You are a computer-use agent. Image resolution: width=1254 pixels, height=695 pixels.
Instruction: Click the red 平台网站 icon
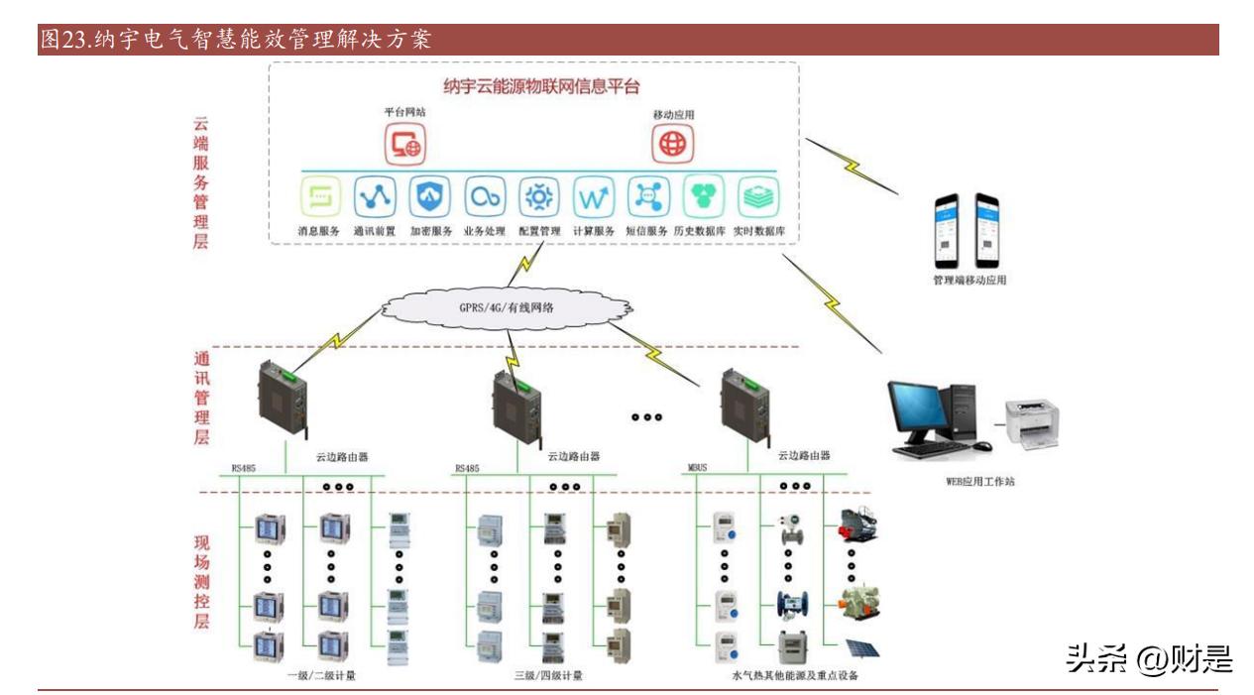click(x=405, y=145)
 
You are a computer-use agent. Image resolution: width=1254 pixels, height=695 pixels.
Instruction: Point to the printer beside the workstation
click(x=1033, y=425)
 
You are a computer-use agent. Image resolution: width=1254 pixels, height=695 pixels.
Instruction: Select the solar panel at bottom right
click(x=861, y=647)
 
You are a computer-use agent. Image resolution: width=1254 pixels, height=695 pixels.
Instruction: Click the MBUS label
click(x=697, y=467)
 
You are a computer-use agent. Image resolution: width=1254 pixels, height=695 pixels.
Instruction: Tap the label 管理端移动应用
click(x=963, y=281)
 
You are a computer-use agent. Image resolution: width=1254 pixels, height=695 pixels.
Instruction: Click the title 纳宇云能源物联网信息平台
click(x=541, y=85)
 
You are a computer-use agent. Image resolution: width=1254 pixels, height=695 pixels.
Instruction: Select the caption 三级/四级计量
click(x=548, y=675)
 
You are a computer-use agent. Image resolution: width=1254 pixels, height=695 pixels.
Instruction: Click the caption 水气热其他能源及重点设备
click(x=794, y=675)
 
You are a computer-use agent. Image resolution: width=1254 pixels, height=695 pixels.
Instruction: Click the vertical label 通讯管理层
click(x=201, y=398)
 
